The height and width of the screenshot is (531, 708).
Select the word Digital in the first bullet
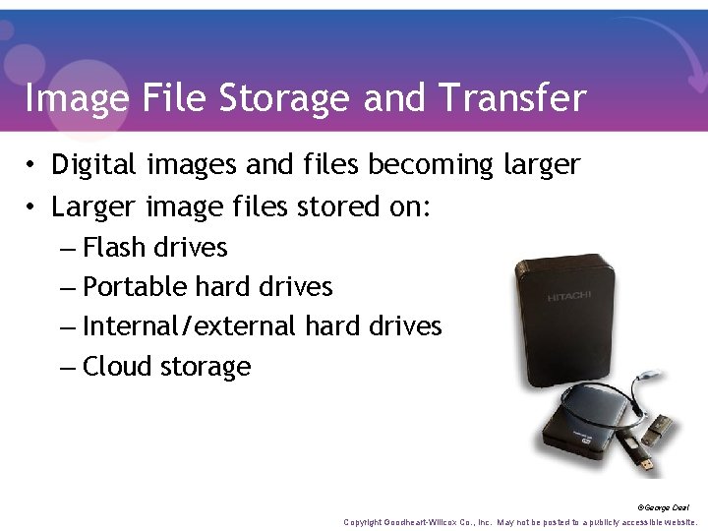[91, 164]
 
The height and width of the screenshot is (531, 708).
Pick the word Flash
[115, 247]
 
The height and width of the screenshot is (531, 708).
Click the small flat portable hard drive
[581, 423]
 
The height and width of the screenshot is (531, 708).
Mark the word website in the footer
[679, 522]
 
